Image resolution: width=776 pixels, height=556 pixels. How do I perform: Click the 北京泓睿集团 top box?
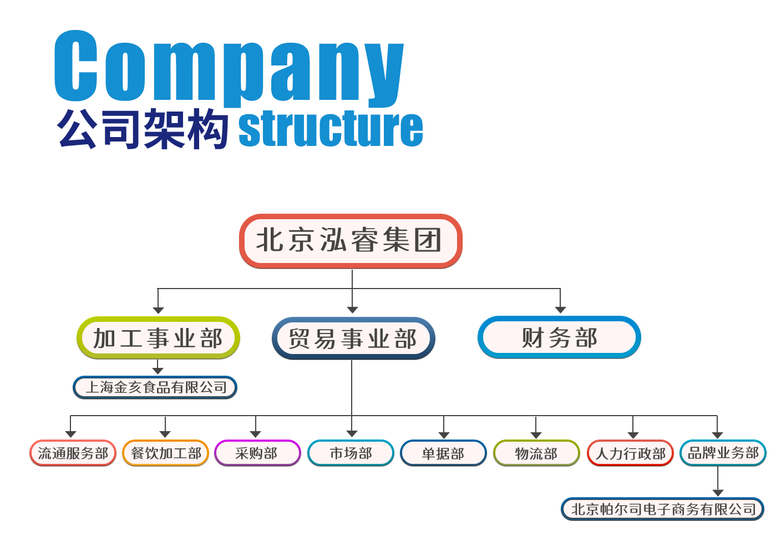(x=351, y=241)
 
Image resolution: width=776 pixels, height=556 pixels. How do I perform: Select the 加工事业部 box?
(x=158, y=338)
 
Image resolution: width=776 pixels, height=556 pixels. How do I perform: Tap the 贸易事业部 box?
(x=353, y=338)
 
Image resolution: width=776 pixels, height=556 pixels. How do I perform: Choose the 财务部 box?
(x=559, y=337)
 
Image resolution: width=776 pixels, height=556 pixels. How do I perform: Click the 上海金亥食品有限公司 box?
(x=155, y=387)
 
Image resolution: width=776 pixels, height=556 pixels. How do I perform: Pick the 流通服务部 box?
(x=73, y=453)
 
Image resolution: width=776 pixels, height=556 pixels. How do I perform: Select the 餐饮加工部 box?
(x=165, y=453)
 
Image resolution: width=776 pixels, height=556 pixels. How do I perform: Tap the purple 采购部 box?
(x=257, y=453)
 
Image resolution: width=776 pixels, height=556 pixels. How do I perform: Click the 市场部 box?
(x=351, y=453)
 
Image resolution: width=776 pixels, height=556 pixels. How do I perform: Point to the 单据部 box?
(x=443, y=453)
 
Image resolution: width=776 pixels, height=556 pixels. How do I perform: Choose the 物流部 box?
(x=536, y=453)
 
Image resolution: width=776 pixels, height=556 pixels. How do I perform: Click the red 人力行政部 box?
(x=630, y=453)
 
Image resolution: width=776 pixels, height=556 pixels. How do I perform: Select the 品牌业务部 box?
(x=723, y=453)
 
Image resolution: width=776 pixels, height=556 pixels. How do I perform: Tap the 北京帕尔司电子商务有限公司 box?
(x=663, y=509)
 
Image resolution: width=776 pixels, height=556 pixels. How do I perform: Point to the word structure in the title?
(x=331, y=129)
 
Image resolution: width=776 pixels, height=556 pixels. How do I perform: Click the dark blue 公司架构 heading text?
(x=143, y=129)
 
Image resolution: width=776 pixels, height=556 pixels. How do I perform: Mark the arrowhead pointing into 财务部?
(x=560, y=310)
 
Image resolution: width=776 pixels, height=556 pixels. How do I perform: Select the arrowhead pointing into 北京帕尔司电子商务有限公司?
(x=718, y=493)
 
